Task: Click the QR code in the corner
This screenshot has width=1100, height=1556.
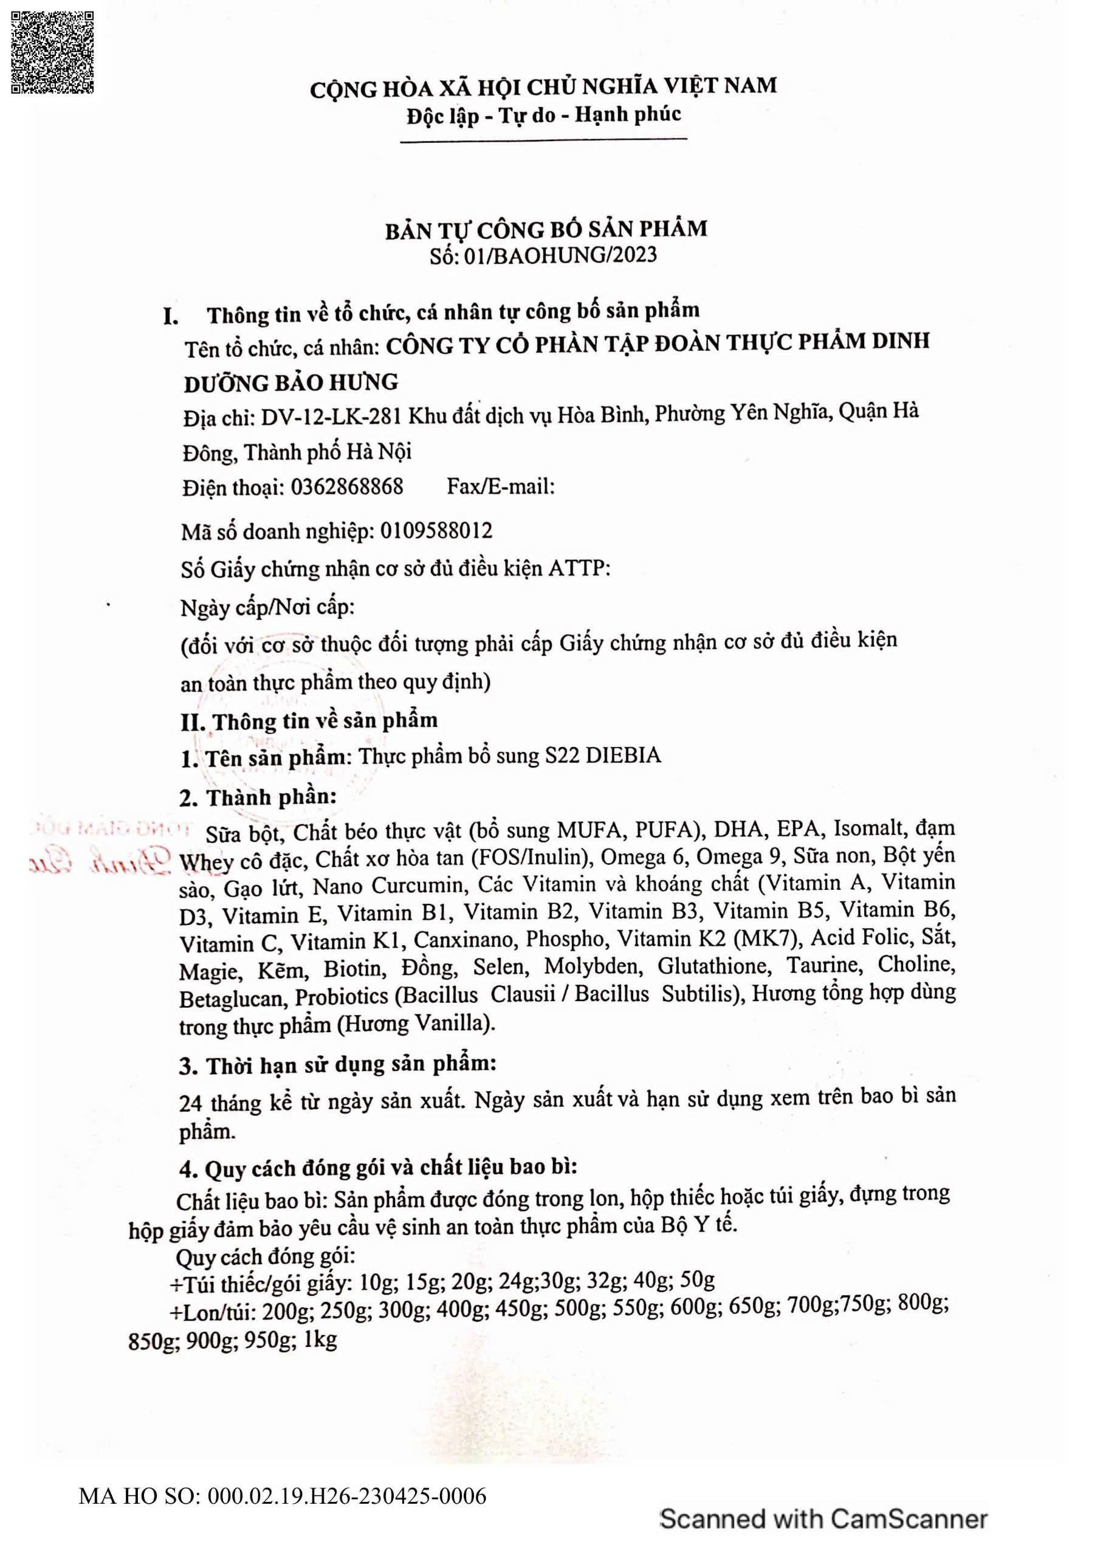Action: point(52,52)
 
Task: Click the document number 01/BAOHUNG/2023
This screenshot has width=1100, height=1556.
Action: point(560,255)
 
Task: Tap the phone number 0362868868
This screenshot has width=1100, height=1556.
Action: point(347,487)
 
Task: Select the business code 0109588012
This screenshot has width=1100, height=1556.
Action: point(436,530)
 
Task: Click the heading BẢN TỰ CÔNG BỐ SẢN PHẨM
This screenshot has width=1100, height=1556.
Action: point(546,229)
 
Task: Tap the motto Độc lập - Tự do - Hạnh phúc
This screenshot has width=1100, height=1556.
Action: point(543,114)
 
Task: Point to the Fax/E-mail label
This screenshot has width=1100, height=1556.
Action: point(500,486)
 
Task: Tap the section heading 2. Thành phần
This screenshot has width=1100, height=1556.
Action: point(258,797)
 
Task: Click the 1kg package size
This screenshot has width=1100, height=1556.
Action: point(320,1340)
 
